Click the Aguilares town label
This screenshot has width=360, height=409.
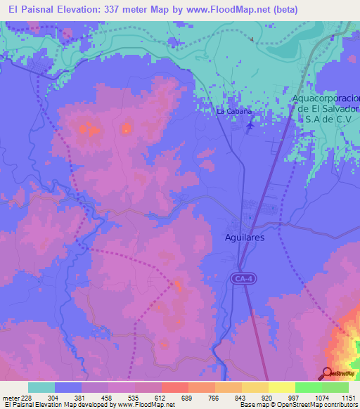[245, 238]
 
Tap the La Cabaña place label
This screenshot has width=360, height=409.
[233, 112]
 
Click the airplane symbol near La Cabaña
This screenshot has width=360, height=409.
[252, 126]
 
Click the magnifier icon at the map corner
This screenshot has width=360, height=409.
[327, 373]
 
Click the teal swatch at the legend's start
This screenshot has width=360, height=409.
[41, 387]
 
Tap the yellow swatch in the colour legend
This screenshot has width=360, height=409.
[281, 387]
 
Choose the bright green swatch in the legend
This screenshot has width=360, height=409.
[308, 387]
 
